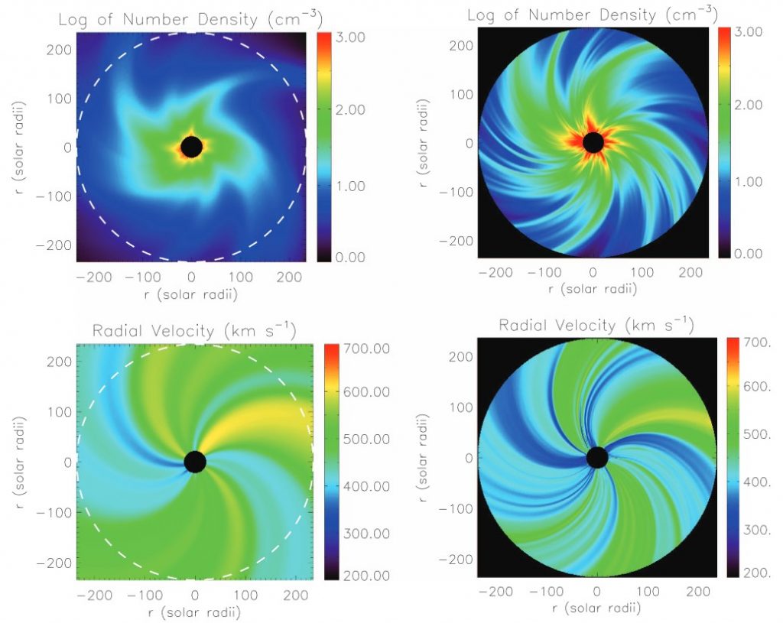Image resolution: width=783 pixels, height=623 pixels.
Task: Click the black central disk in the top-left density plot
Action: (x=191, y=146)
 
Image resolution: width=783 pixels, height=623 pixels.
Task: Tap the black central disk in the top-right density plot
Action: (x=593, y=142)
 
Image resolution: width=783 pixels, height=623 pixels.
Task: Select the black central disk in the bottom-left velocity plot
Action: (x=195, y=462)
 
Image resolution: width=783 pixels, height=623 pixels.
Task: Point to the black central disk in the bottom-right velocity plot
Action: (x=596, y=457)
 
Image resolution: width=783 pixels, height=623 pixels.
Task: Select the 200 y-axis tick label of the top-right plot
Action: (x=461, y=46)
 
